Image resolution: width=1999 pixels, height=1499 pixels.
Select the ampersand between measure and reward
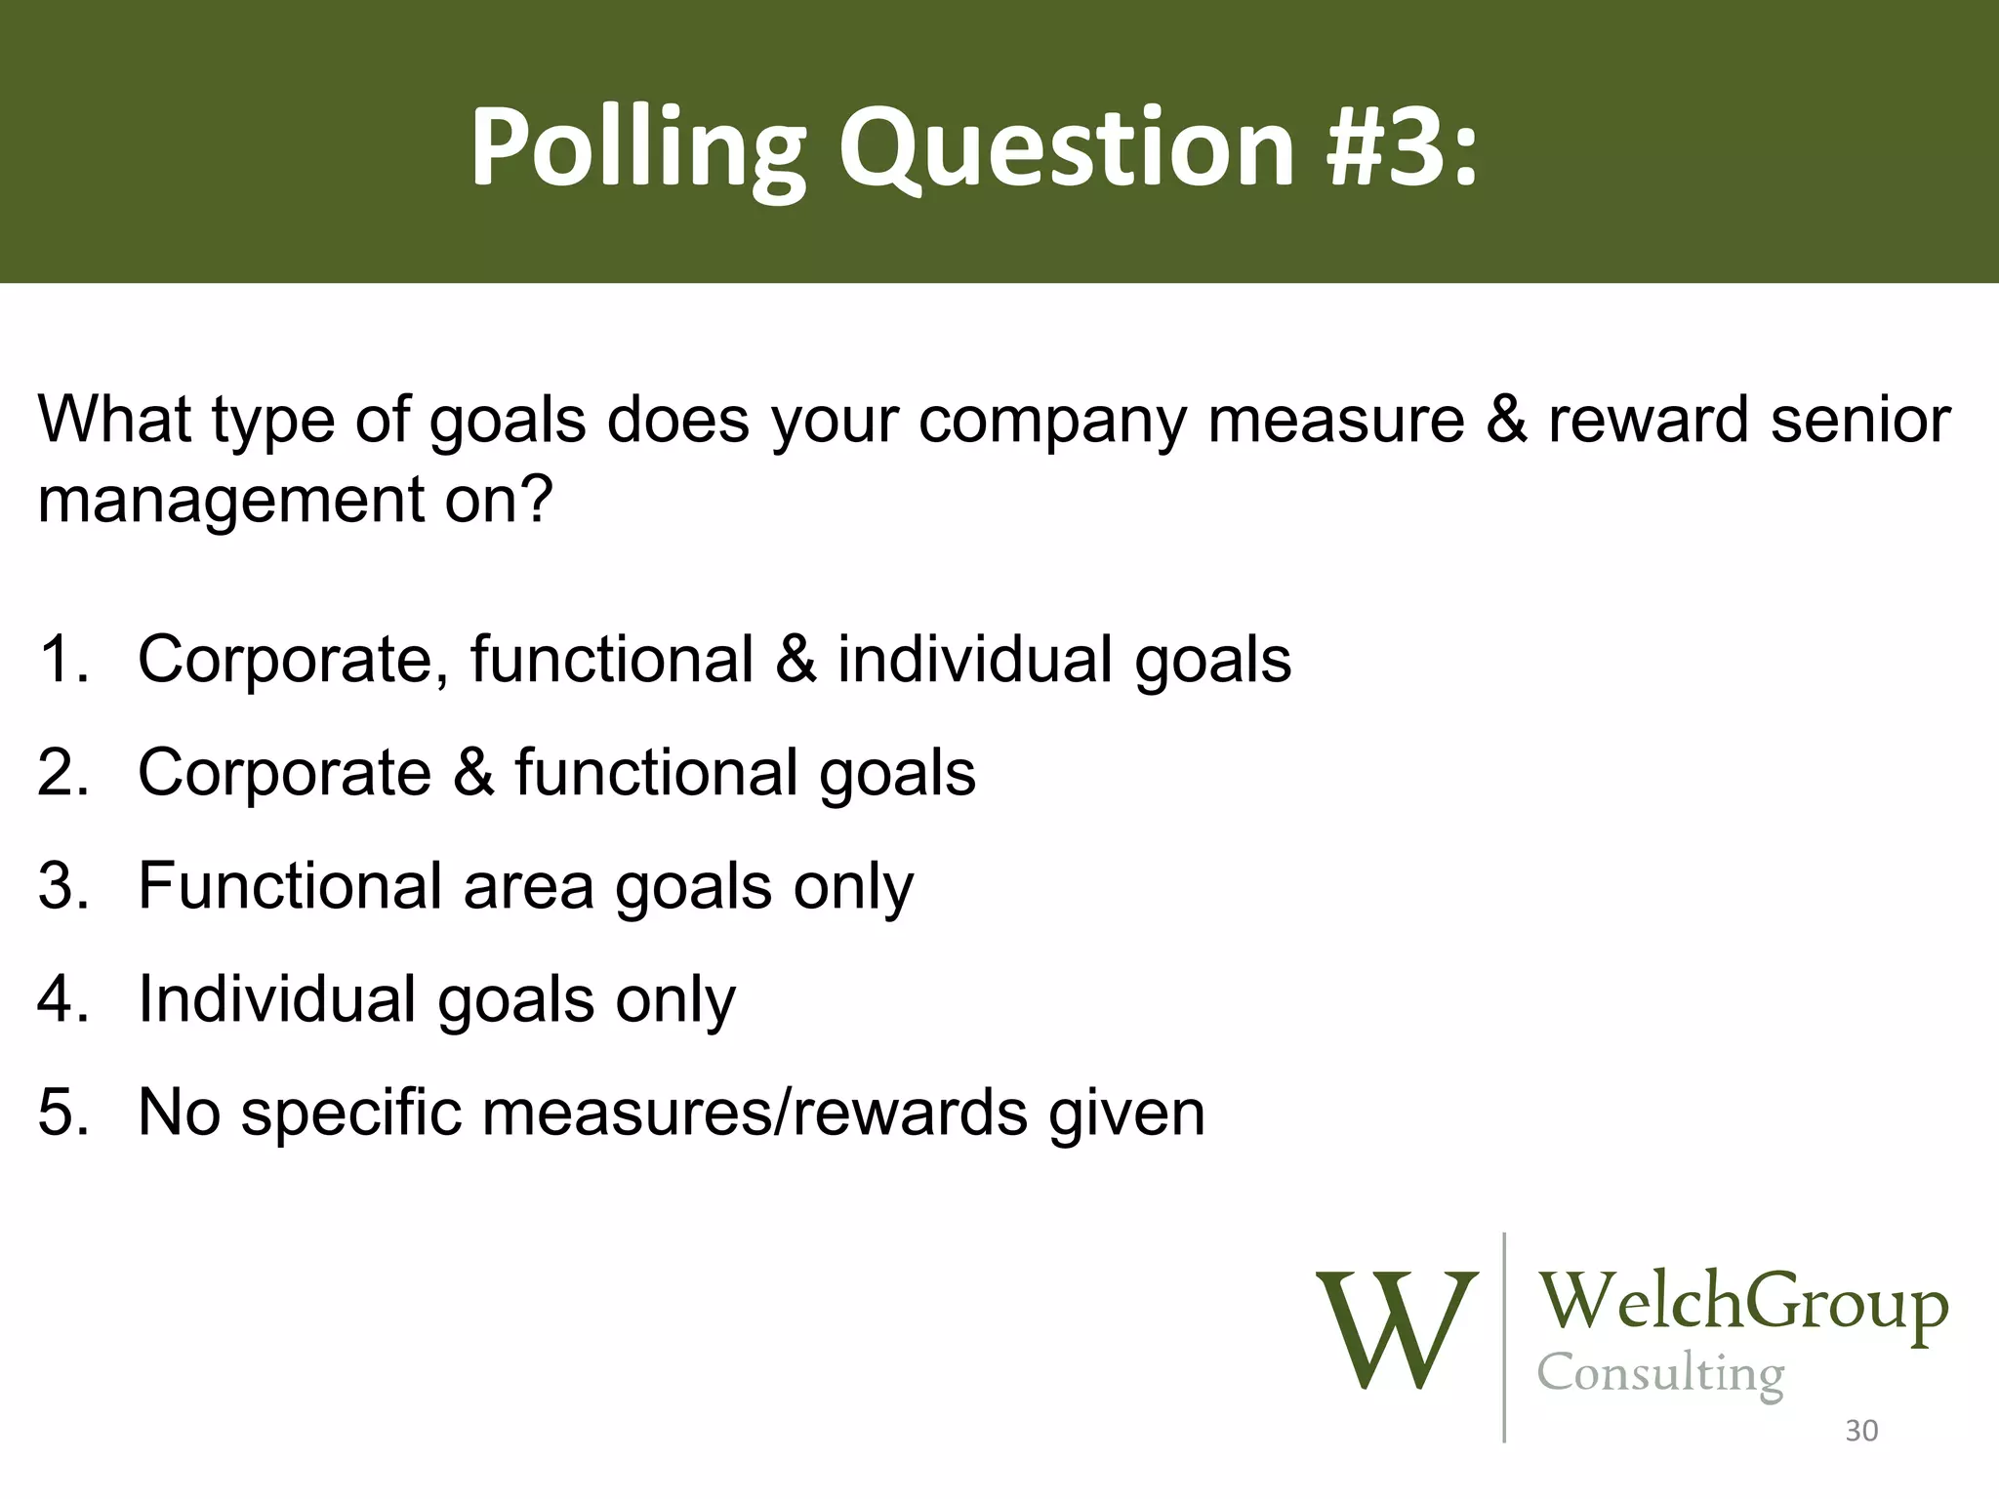[x=1506, y=420]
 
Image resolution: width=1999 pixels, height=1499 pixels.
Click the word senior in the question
[x=1860, y=420]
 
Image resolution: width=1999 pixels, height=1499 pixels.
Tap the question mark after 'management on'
[x=535, y=499]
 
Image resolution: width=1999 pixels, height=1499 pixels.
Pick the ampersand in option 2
[x=473, y=772]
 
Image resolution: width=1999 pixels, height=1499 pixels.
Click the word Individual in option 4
[x=277, y=998]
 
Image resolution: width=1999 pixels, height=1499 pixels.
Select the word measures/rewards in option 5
[x=755, y=1112]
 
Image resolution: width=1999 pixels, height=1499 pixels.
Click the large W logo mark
[x=1396, y=1329]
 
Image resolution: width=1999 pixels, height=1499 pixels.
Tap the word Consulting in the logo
[x=1660, y=1376]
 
